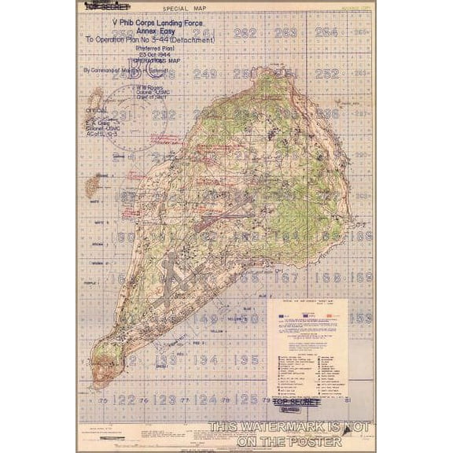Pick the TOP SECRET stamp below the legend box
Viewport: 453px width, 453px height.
pyautogui.click(x=296, y=403)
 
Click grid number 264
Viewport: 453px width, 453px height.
pyautogui.click(x=326, y=32)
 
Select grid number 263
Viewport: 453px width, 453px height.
pyautogui.click(x=286, y=32)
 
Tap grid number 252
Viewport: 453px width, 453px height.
pyautogui.click(x=326, y=73)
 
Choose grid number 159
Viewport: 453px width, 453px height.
pyautogui.click(x=361, y=319)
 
